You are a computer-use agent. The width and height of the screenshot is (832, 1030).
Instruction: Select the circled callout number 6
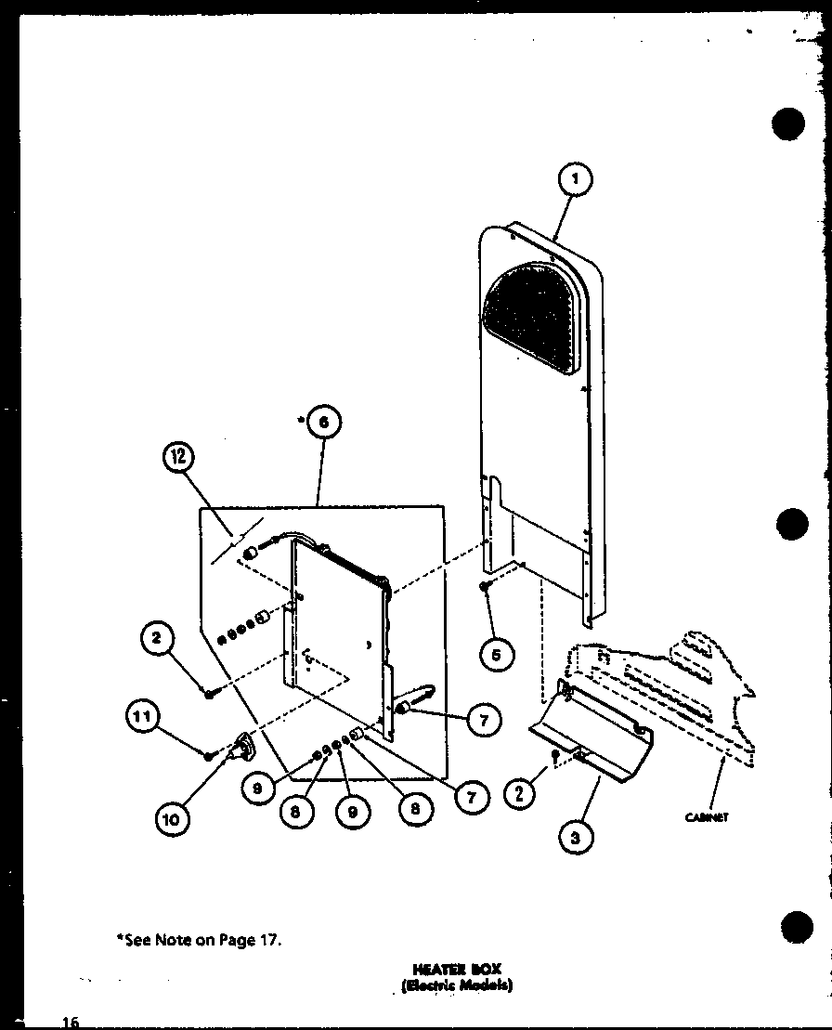tap(322, 424)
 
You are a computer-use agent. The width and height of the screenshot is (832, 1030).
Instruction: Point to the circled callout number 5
tap(495, 655)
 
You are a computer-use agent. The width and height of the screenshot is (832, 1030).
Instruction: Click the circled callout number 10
tap(173, 817)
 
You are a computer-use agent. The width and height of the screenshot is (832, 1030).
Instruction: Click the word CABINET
tap(708, 817)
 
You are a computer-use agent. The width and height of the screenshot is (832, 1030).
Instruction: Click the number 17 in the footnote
tap(267, 939)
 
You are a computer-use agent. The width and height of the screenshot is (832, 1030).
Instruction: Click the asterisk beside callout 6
tap(302, 421)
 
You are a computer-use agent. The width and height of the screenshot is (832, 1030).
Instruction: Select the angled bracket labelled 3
tap(594, 734)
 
